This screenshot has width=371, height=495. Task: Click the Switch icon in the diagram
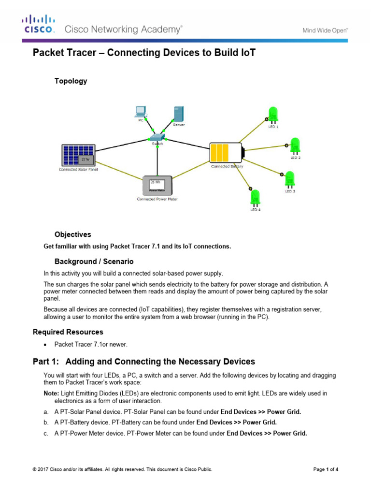(157, 137)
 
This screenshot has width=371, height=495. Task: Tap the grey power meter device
(157, 186)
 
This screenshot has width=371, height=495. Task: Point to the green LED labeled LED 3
(290, 179)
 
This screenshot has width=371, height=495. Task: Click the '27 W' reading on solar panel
(86, 159)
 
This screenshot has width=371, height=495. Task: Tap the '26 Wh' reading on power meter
(155, 183)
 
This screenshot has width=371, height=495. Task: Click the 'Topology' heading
(71, 81)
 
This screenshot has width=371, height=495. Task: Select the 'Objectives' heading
(72, 234)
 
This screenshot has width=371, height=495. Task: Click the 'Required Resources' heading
(68, 332)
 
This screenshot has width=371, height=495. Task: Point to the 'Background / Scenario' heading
(94, 262)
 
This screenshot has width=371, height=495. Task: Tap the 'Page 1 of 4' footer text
(326, 469)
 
